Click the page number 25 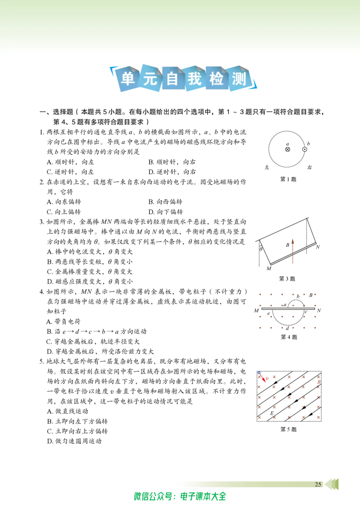coord(318,484)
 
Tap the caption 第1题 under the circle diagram coord(288,179)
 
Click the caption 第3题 coord(287,278)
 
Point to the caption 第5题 coord(288,429)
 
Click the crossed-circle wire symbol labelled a coord(288,149)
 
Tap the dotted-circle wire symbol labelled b coord(305,149)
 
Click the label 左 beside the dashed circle coord(267,168)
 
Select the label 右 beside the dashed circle coord(309,168)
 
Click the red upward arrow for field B coord(293,251)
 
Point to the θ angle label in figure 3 coord(261,249)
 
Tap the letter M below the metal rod coord(269,268)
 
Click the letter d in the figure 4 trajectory coord(288,328)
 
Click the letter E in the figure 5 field coord(272,413)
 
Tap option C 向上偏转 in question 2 coord(64,212)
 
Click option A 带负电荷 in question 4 coord(63,321)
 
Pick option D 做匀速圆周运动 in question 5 coord(74,441)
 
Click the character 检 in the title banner coord(217,79)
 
